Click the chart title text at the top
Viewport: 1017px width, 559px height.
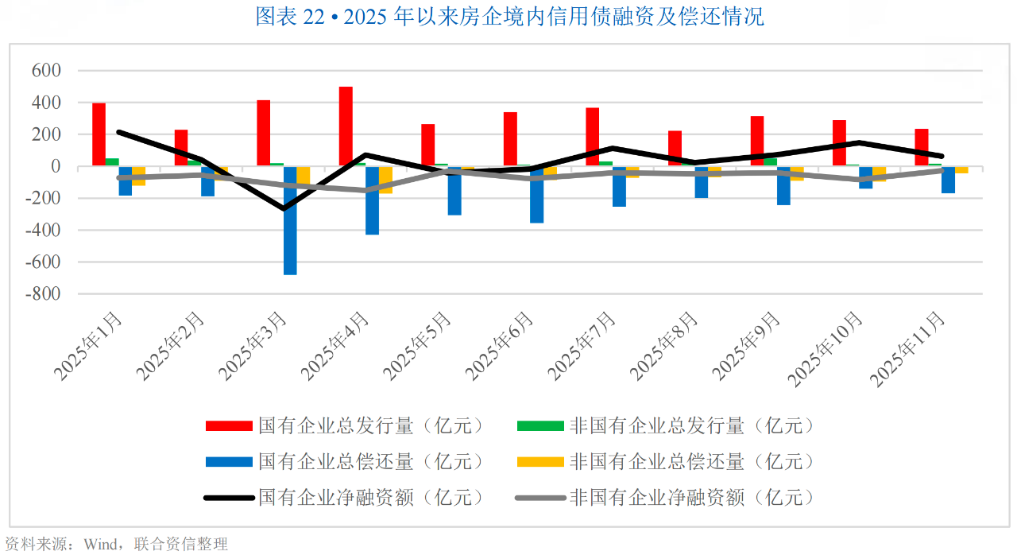point(509,17)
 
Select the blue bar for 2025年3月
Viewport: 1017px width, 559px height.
point(290,220)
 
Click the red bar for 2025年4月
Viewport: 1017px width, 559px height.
point(346,126)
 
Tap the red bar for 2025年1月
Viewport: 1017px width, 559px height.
point(99,134)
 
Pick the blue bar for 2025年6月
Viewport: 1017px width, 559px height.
point(537,195)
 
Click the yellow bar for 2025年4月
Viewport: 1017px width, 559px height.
point(385,180)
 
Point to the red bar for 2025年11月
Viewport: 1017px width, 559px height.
point(922,148)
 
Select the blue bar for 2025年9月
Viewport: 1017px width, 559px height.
point(783,186)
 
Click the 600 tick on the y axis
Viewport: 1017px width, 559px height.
point(46,71)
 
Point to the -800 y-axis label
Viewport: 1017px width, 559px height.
point(43,294)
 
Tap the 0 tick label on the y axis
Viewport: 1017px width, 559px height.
point(56,167)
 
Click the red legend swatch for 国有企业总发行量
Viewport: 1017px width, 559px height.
point(229,426)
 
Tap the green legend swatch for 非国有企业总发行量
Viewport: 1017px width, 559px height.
point(540,426)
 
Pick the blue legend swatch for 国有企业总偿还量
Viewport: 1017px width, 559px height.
point(229,462)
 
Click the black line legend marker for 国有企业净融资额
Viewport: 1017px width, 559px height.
point(229,498)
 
